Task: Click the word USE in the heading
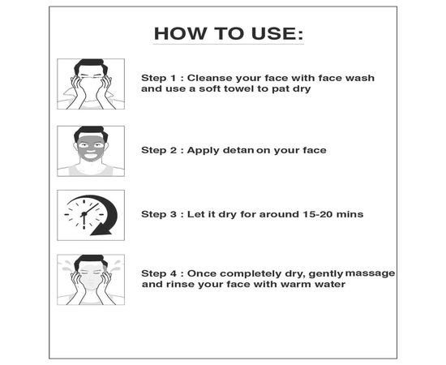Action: tap(273, 33)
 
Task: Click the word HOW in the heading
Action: tap(179, 33)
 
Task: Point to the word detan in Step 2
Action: tap(238, 150)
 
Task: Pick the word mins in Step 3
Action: tap(350, 214)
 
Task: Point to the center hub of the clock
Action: tap(84, 214)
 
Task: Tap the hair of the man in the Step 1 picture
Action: tap(91, 65)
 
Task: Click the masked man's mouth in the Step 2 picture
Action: tap(91, 156)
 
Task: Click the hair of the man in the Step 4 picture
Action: tap(91, 260)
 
